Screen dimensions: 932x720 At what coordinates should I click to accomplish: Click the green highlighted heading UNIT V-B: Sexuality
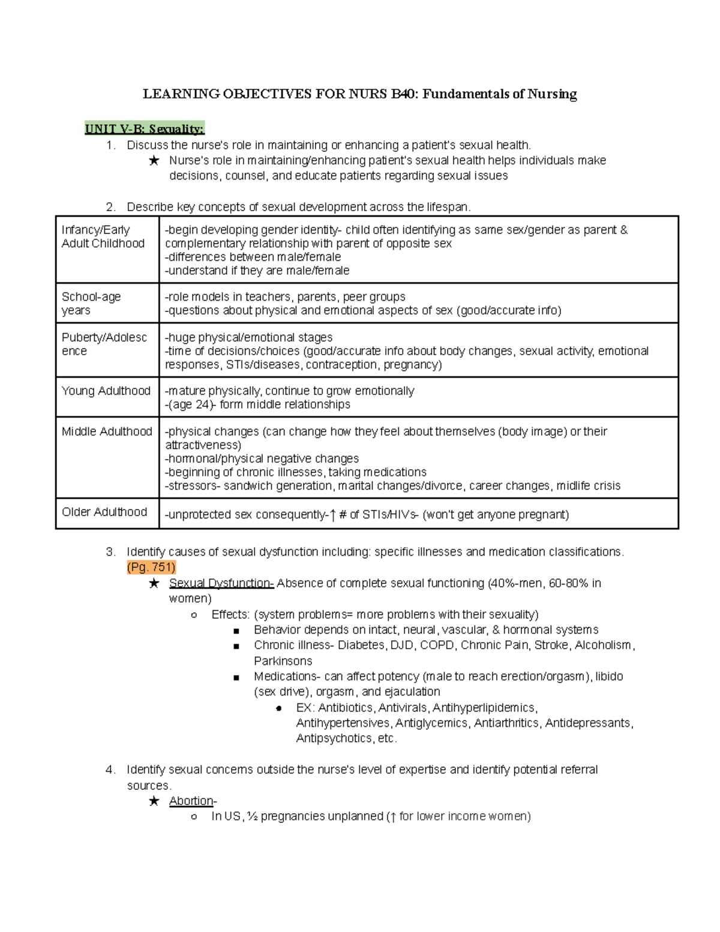[144, 129]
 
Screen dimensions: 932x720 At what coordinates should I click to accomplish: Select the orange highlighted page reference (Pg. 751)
[151, 567]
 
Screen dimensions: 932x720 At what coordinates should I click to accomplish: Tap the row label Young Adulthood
[106, 391]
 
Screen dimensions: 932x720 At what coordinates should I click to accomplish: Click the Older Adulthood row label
[104, 512]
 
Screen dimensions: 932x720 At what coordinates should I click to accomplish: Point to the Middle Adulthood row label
[107, 431]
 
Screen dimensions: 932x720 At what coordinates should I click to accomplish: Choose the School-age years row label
[91, 303]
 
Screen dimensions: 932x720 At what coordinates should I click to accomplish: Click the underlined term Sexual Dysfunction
[221, 583]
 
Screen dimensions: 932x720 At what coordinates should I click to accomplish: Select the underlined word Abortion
[191, 801]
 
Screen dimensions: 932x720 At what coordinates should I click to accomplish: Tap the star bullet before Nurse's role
[154, 161]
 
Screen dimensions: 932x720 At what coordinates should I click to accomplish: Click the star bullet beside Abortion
[154, 801]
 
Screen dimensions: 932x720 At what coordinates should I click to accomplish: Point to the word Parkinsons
[283, 661]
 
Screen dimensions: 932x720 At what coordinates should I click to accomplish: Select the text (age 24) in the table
[190, 404]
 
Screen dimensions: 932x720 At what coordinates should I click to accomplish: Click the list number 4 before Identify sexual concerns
[110, 770]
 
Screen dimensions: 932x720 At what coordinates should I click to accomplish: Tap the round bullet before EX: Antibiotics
[279, 708]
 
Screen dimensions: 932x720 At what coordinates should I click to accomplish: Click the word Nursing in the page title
[552, 94]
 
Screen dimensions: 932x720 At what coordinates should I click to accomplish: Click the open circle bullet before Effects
[193, 615]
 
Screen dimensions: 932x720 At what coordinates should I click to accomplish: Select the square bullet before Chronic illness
[236, 646]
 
